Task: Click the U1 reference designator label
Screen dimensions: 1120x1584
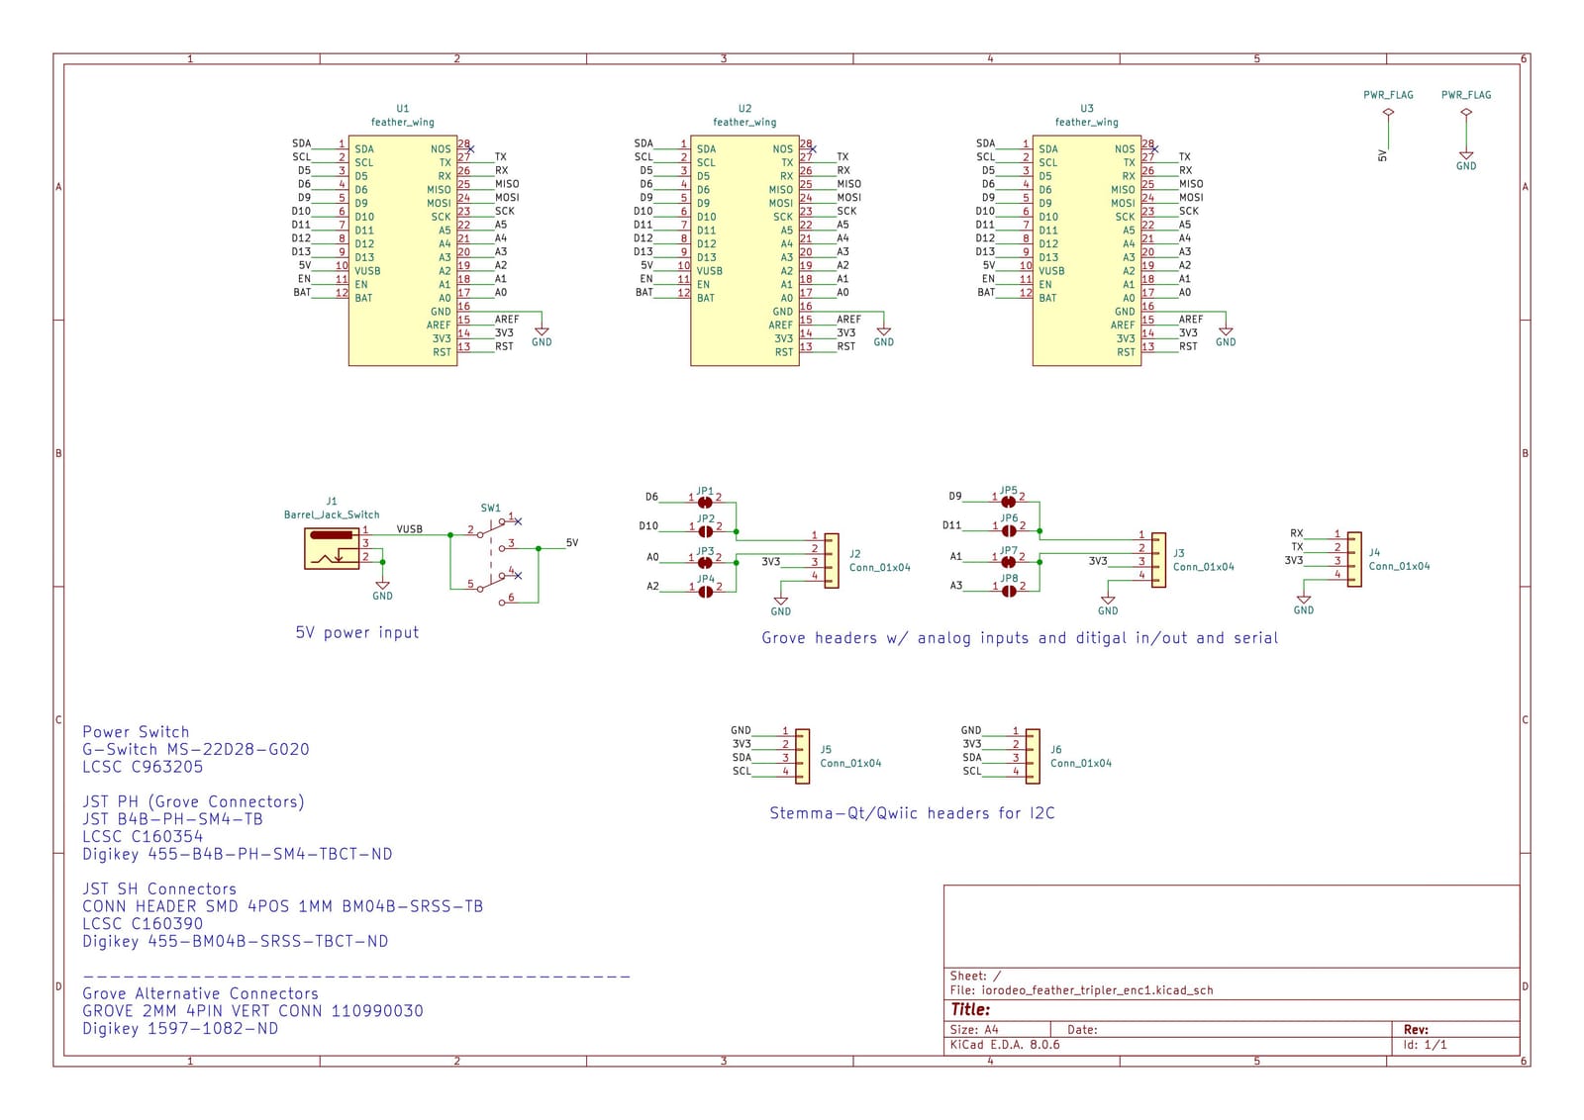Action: [x=402, y=109]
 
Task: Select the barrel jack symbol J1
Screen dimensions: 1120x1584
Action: [x=332, y=548]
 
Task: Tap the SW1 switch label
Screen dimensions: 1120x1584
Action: [x=490, y=508]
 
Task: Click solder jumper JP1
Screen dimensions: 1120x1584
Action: [x=705, y=502]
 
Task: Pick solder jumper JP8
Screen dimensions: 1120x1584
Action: [x=1008, y=591]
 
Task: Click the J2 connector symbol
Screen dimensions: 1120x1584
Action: [x=832, y=561]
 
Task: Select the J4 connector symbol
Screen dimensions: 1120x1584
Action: [x=1353, y=559]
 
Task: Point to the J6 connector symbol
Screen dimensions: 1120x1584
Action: [x=1033, y=757]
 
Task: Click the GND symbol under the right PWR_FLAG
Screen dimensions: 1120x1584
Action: [x=1465, y=157]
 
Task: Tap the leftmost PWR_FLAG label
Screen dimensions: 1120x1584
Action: [x=1388, y=95]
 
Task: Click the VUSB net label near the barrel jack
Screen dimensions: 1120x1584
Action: [x=409, y=529]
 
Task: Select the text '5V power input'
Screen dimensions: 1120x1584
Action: [x=356, y=632]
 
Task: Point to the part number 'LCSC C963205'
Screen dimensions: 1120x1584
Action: [x=143, y=767]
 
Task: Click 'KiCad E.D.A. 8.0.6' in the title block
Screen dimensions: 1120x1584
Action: [x=1004, y=1044]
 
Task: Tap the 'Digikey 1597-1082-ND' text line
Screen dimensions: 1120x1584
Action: [x=180, y=1028]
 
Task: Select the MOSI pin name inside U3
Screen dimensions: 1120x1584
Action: [x=1123, y=203]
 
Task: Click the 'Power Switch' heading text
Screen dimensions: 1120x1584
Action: [x=136, y=732]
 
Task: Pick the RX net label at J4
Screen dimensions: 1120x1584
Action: [x=1296, y=533]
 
